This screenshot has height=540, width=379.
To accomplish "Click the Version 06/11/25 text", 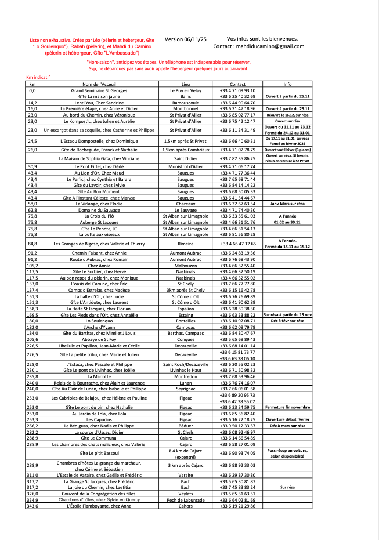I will pyautogui.click(x=186, y=39).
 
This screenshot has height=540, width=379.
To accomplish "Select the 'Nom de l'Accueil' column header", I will pyautogui.click(x=99, y=84).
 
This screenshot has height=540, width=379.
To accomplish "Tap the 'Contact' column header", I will pyautogui.click(x=237, y=84).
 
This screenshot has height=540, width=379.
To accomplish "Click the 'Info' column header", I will pyautogui.click(x=287, y=84).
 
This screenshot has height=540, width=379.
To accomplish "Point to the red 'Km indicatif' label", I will pyautogui.click(x=38, y=77).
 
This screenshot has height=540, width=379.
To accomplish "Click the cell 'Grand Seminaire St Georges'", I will pyautogui.click(x=99, y=90).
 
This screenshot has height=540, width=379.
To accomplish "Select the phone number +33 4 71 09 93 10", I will pyautogui.click(x=237, y=90).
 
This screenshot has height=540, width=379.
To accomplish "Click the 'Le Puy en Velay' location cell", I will pyautogui.click(x=186, y=90).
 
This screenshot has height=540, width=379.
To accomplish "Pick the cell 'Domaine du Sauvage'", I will pyautogui.click(x=99, y=210).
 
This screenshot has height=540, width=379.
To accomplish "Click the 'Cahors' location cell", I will pyautogui.click(x=186, y=505).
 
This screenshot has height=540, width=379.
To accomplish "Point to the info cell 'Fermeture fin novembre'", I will pyautogui.click(x=287, y=407).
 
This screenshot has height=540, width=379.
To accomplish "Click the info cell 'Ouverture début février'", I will pyautogui.click(x=287, y=419).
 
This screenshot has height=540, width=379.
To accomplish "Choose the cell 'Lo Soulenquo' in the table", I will pyautogui.click(x=99, y=320).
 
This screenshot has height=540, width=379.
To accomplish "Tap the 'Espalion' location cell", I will pyautogui.click(x=186, y=309).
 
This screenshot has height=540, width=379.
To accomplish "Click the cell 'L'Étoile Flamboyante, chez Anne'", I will pyautogui.click(x=99, y=505).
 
